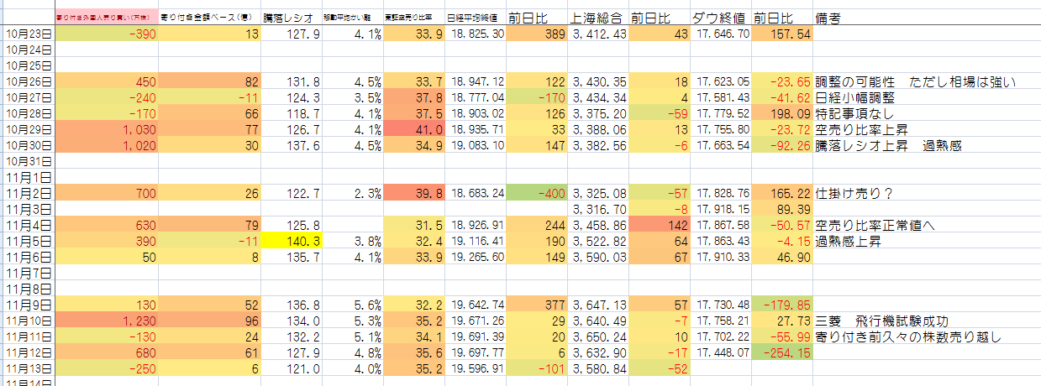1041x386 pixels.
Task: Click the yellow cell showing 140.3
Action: [x=292, y=241]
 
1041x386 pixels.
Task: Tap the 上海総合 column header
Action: [x=598, y=18]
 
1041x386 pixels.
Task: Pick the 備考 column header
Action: [x=831, y=18]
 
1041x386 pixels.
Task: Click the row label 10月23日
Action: [x=27, y=34]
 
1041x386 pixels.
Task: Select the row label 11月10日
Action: [x=27, y=321]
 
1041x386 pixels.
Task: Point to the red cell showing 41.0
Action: [x=413, y=130]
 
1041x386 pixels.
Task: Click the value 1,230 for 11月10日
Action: [x=106, y=321]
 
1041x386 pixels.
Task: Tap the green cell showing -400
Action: [x=537, y=194]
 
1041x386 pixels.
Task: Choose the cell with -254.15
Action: [x=781, y=352]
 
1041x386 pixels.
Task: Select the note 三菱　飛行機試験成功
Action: [x=882, y=321]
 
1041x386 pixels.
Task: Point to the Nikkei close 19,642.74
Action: [x=476, y=305]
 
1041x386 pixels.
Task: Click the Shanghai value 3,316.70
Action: [x=598, y=209]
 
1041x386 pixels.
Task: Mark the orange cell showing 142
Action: [x=659, y=225]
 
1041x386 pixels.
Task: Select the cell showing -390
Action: [x=106, y=34]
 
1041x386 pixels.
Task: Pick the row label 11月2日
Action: [x=27, y=194]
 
